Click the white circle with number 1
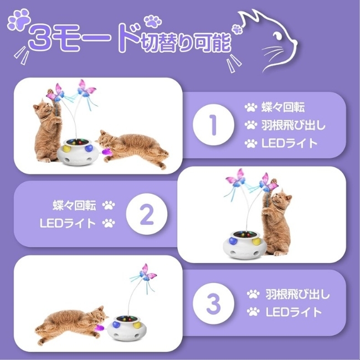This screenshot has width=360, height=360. point(213,125)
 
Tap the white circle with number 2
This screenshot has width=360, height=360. point(147,214)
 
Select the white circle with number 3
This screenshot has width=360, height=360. point(213,303)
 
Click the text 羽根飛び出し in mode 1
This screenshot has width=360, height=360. point(294,125)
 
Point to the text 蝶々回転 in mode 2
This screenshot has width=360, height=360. point(74,205)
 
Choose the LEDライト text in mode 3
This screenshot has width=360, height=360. point(294,312)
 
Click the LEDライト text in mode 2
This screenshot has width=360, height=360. point(68,223)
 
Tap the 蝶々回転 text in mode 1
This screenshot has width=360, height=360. point(283,107)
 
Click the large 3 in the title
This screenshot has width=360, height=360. point(42,38)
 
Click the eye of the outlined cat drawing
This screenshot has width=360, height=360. point(277,35)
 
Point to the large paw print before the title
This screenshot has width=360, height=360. point(19,20)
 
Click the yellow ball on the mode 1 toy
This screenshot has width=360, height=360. point(67,149)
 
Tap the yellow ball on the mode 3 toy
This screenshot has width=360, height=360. point(138,325)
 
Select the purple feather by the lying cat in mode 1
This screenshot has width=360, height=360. point(107,152)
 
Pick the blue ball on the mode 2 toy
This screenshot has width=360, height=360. point(233,241)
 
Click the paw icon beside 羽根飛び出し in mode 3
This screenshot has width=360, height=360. point(253,294)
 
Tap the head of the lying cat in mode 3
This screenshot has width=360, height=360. point(99,315)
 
